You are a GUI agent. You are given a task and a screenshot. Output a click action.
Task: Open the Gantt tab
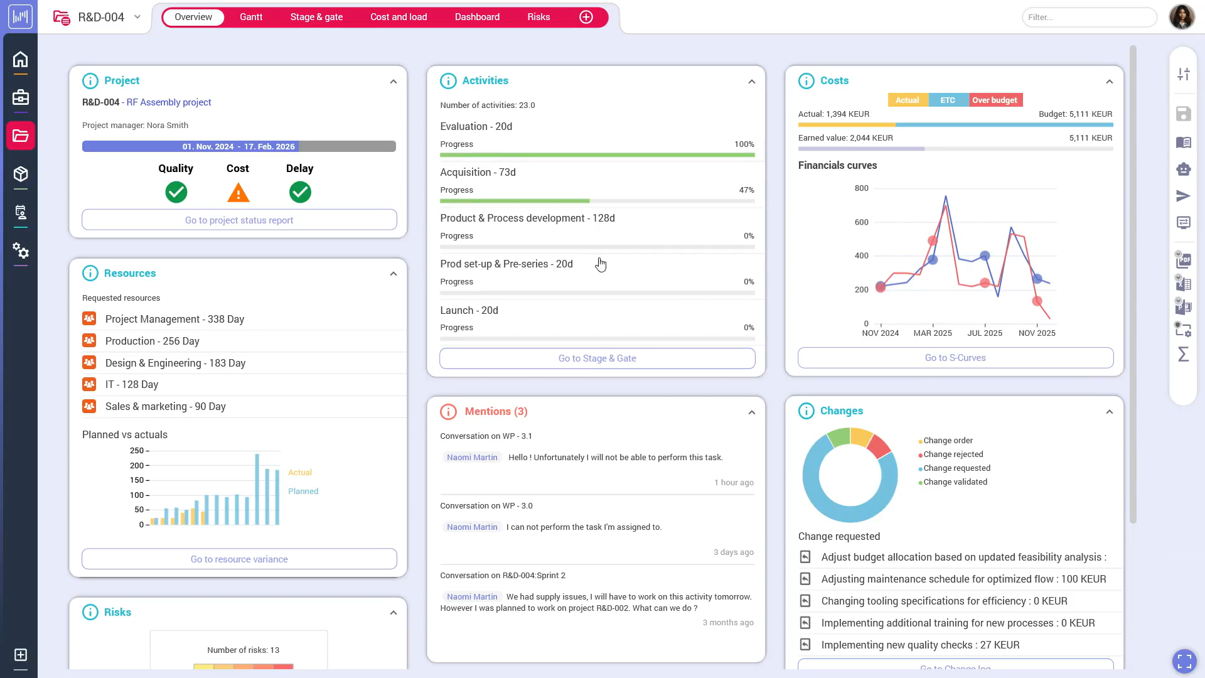tap(251, 17)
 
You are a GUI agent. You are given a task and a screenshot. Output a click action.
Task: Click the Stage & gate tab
tap(316, 17)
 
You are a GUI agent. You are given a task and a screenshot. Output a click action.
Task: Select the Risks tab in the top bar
tap(538, 17)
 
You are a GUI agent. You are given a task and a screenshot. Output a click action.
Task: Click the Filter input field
tap(1089, 17)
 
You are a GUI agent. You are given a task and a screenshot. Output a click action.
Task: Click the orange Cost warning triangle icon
tap(238, 193)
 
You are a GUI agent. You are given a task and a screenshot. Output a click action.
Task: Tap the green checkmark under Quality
tap(176, 192)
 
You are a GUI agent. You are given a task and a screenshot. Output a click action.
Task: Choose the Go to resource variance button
tap(239, 559)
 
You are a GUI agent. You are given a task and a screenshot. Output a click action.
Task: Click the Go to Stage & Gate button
tap(597, 358)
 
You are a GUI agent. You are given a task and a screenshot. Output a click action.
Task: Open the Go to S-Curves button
tap(955, 358)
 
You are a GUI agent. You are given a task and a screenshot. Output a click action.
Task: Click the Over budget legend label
tap(995, 100)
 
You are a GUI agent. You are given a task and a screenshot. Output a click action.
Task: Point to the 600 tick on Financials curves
tap(861, 222)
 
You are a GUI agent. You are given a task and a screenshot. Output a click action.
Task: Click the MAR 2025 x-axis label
tap(933, 333)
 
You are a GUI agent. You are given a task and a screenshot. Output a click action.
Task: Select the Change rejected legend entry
tap(953, 455)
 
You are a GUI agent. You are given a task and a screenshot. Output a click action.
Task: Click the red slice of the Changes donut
tap(879, 446)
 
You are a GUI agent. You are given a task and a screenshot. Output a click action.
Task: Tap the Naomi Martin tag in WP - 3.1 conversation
tap(472, 458)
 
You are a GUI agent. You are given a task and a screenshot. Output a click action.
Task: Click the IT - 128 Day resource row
tap(132, 385)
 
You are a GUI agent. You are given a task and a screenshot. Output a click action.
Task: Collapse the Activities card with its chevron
tap(751, 82)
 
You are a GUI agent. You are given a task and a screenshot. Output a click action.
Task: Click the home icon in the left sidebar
tap(21, 60)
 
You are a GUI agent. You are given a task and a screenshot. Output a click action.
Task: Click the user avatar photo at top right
tap(1181, 17)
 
